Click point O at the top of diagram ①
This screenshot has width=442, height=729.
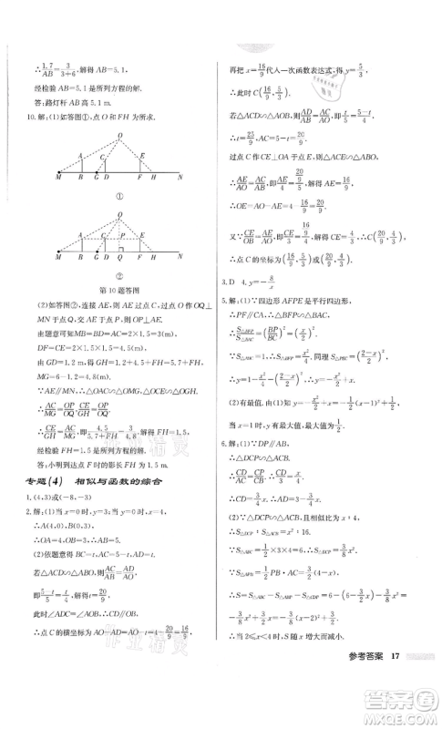click(118, 137)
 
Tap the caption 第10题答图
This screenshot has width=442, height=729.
click(118, 290)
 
